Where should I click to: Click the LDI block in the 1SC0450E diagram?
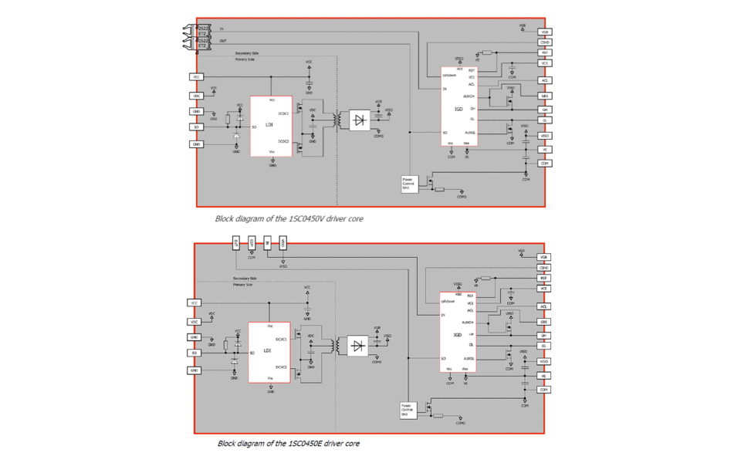click(269, 352)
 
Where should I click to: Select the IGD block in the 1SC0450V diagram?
click(458, 109)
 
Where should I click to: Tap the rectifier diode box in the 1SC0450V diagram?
click(358, 120)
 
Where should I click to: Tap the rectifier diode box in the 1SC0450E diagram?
click(357, 346)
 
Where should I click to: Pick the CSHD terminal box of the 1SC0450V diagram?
click(545, 42)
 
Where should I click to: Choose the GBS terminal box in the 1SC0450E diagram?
click(544, 322)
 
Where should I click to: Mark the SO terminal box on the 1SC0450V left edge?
click(197, 127)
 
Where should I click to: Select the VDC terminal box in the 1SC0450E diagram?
click(195, 321)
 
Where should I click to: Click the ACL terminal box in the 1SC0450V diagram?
click(545, 80)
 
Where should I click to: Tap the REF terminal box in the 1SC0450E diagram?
click(544, 278)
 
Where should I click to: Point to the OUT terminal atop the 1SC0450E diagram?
click(237, 243)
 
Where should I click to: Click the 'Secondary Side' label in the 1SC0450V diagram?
click(247, 53)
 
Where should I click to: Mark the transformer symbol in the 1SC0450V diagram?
click(337, 120)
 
